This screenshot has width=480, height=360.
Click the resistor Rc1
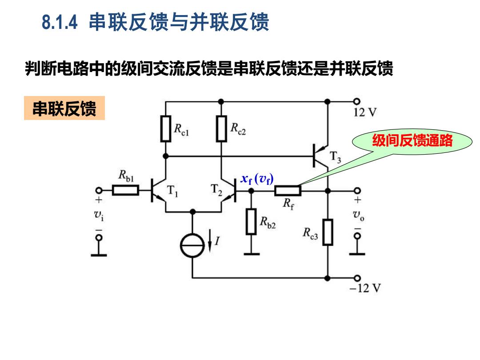(x=166, y=128)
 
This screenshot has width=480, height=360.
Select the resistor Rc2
(x=221, y=128)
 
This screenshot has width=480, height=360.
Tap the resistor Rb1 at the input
(x=125, y=190)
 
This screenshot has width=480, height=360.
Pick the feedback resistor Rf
(x=288, y=191)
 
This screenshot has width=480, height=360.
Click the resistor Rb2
(x=251, y=222)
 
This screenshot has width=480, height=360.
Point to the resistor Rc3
(x=328, y=232)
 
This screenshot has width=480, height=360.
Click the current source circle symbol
(x=192, y=245)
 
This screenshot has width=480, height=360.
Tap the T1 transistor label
(x=172, y=191)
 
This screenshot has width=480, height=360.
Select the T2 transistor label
(x=216, y=190)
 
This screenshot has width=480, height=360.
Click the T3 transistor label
(x=335, y=157)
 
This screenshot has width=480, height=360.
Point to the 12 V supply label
(x=365, y=112)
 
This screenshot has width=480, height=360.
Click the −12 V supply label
(x=365, y=288)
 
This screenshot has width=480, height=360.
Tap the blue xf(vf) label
(x=257, y=179)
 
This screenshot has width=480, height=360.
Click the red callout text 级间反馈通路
(x=412, y=140)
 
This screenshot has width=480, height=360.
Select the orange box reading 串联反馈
(x=64, y=108)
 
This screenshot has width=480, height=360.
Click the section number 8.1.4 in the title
(x=60, y=22)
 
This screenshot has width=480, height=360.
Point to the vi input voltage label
(x=99, y=215)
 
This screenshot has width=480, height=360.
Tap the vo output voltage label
(x=359, y=215)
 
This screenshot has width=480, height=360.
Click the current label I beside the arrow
(x=217, y=241)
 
